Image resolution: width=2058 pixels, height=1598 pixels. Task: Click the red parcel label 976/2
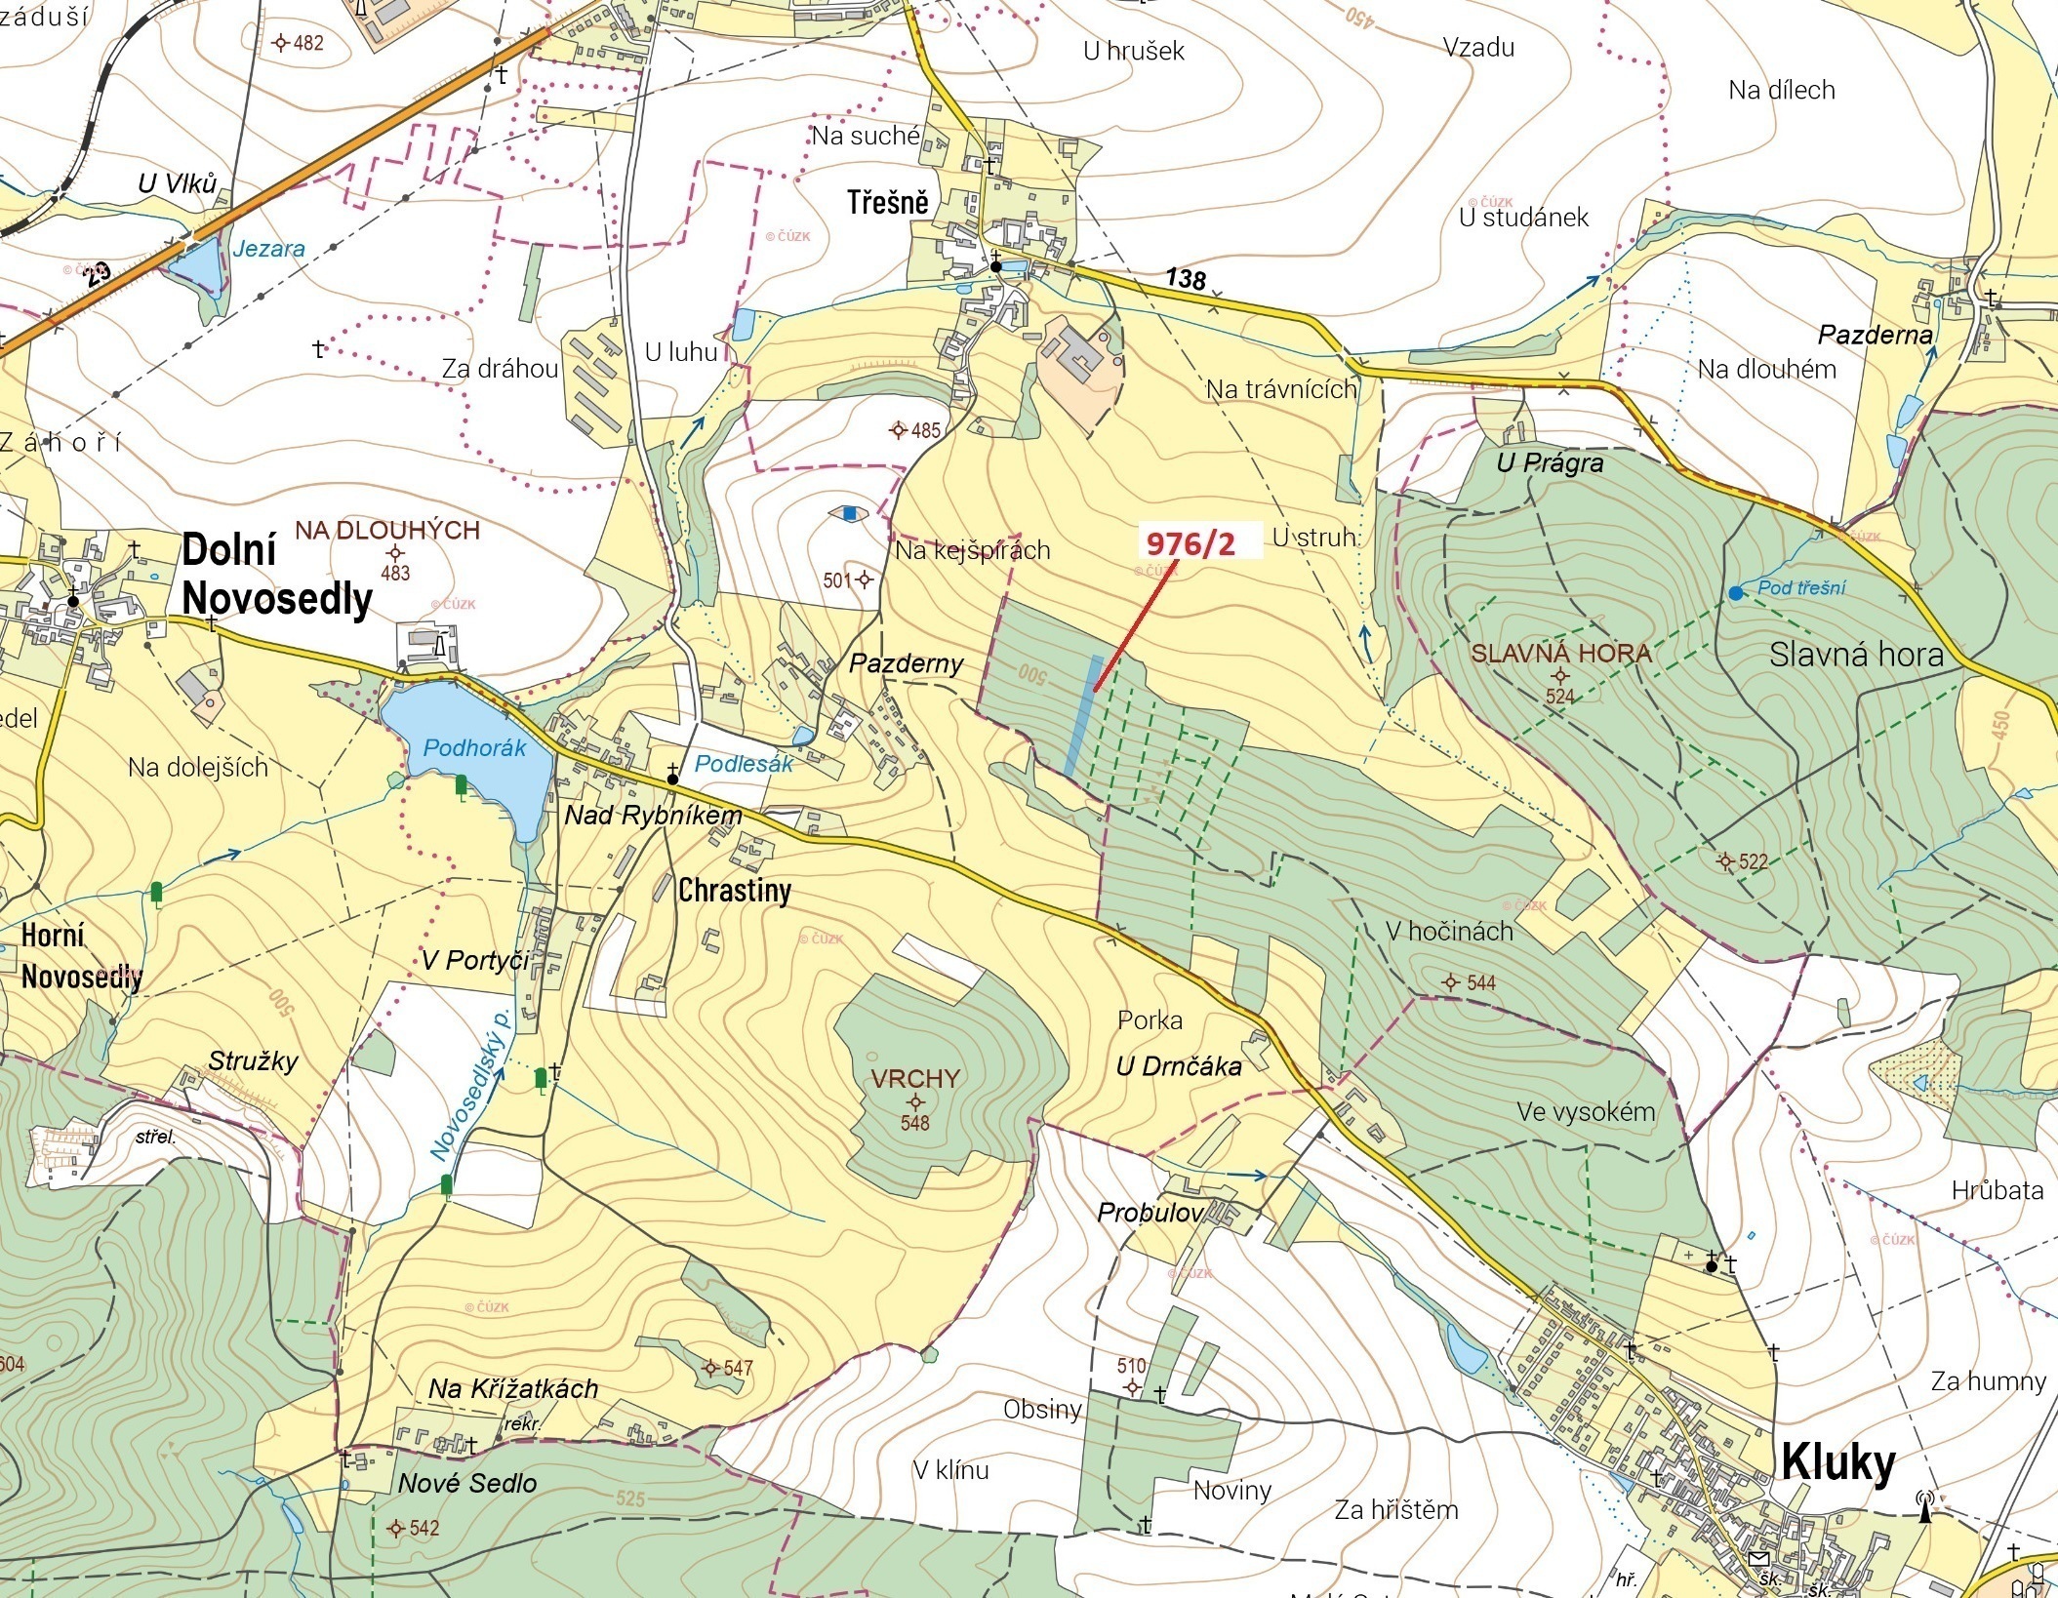point(1190,543)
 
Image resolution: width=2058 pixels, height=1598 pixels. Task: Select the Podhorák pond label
point(474,748)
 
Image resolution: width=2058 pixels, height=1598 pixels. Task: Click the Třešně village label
point(887,203)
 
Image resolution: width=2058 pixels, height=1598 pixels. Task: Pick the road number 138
point(1185,279)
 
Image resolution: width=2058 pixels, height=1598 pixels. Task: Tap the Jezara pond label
point(268,249)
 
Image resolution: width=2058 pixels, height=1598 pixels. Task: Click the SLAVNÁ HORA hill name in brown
point(1561,654)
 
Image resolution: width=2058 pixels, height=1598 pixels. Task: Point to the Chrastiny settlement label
point(734,890)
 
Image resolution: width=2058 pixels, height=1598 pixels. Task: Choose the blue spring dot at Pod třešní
point(1734,592)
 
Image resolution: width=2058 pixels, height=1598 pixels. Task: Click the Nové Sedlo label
point(467,1483)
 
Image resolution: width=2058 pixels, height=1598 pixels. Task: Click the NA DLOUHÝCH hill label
point(387,531)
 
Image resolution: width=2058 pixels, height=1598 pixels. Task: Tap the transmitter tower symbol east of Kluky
point(1924,1507)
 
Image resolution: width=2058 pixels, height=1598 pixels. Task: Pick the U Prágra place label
point(1550,462)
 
